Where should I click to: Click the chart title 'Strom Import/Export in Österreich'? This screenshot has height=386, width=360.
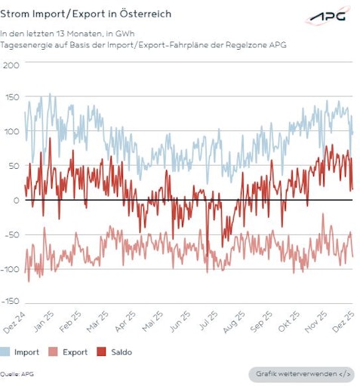[x=86, y=14]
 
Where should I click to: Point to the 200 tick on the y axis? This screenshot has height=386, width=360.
[x=11, y=64]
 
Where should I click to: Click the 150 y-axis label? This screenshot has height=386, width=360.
[x=11, y=98]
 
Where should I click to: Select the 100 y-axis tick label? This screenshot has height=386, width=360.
[x=11, y=132]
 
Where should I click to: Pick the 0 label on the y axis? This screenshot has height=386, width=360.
[x=15, y=200]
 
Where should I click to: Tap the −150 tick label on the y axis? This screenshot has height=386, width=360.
[x=10, y=301]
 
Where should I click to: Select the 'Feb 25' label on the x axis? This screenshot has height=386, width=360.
[x=70, y=321]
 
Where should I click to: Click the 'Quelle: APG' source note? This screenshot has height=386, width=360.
[x=17, y=374]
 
